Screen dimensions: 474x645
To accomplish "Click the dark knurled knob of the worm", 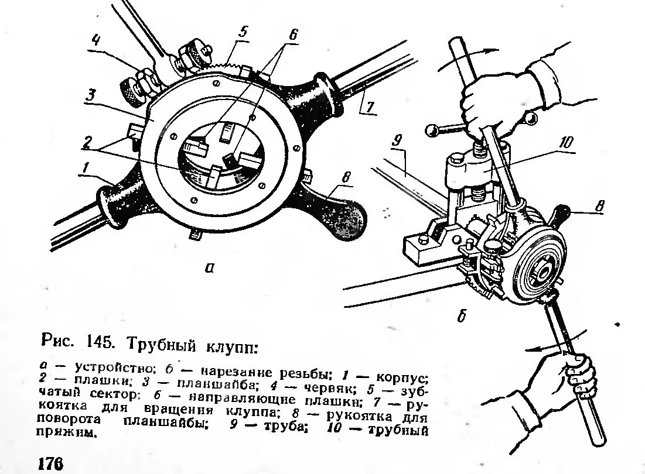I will [x=128, y=91].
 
